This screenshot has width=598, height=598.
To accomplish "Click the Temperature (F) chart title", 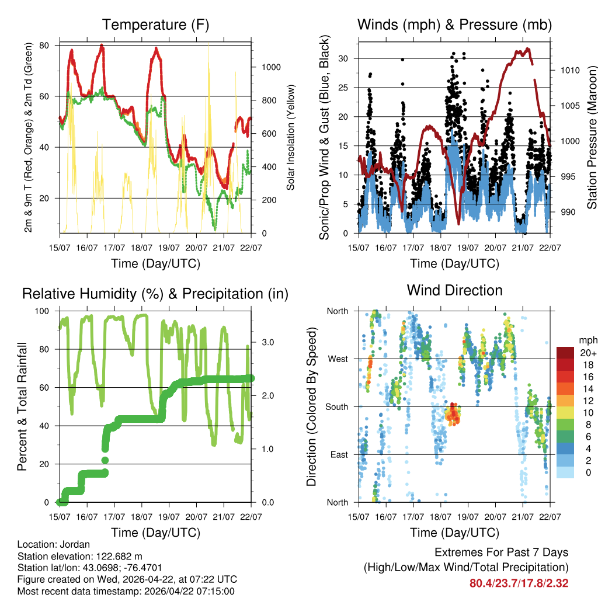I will pyautogui.click(x=155, y=25).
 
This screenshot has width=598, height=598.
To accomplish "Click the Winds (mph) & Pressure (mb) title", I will pyautogui.click(x=454, y=25).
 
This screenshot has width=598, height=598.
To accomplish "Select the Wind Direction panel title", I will pyautogui.click(x=454, y=290).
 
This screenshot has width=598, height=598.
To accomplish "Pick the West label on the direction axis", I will pyautogui.click(x=338, y=359).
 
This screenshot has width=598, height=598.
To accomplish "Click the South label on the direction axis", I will pyautogui.click(x=337, y=406).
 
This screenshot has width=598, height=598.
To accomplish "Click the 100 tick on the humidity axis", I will pyautogui.click(x=43, y=311).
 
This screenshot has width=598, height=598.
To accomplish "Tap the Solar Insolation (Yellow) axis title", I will pyautogui.click(x=290, y=137).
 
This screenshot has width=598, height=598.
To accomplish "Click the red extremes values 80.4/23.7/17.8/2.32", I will pyautogui.click(x=519, y=583).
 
